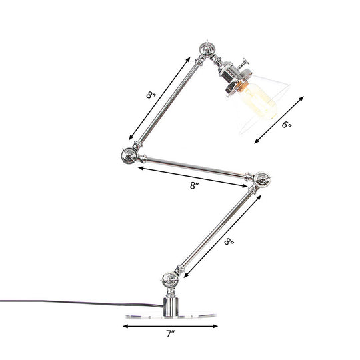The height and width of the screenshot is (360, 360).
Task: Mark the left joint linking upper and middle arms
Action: [x=129, y=156]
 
